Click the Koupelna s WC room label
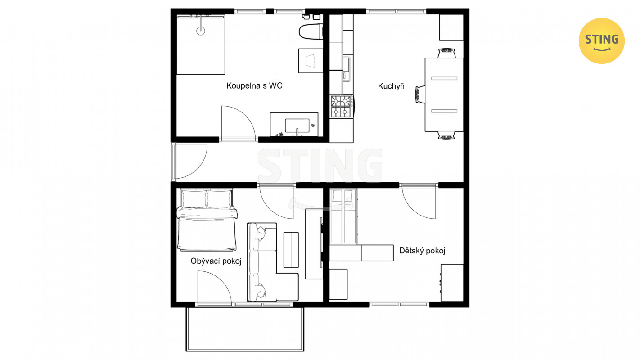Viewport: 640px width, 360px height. tap(254, 85)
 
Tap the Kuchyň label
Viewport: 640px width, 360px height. tap(391, 86)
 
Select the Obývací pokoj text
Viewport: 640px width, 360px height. tap(216, 261)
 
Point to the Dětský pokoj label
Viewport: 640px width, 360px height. tap(422, 251)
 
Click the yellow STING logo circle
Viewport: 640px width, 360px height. tap(601, 41)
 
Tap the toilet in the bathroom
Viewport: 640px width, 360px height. tap(311, 31)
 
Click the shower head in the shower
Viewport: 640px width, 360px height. tap(201, 30)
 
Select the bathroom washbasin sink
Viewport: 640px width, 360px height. tap(297, 126)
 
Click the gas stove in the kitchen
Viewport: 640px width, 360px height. tap(342, 106)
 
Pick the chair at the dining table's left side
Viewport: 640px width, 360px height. tap(420, 94)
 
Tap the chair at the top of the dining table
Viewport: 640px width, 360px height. tap(446, 53)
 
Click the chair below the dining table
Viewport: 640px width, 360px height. tap(446, 135)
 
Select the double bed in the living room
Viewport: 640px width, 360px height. tap(207, 220)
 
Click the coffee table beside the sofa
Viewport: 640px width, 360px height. tap(291, 250)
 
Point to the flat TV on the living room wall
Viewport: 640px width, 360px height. tap(321, 242)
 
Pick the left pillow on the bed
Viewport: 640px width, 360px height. tap(194, 199)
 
